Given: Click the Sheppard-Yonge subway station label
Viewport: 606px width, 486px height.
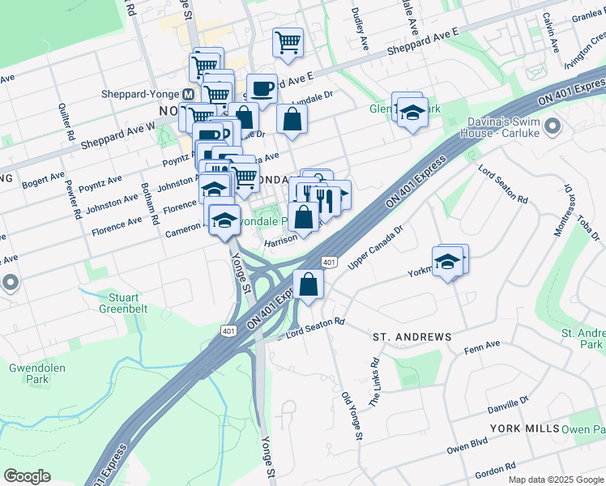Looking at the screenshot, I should pos(139,93).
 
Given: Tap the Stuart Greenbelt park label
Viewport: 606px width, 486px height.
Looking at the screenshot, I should pos(122,301).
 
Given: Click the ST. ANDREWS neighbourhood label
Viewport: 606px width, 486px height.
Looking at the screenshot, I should pos(411,336).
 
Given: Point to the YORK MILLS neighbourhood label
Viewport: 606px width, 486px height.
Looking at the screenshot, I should pos(524,428).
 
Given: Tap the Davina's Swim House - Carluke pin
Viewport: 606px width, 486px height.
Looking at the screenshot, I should pos(553,126).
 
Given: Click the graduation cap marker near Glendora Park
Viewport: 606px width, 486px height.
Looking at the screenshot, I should pos(412,113).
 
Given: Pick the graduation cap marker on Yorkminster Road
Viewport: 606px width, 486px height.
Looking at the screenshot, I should pos(446,262).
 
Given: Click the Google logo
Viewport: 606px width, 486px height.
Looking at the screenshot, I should pos(27,476).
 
